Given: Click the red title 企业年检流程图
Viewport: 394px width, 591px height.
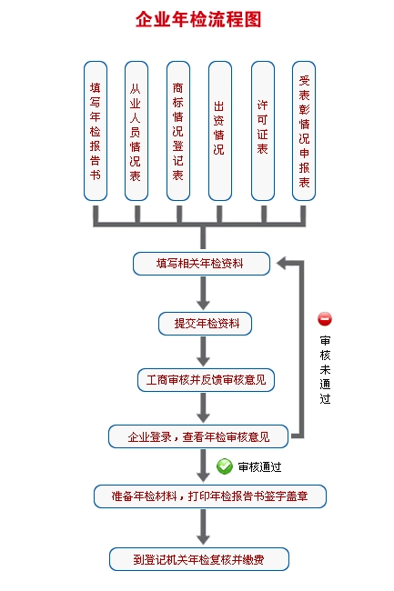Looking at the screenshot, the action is click(198, 19).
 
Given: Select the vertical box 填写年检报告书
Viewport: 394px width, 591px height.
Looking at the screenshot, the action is click(96, 131).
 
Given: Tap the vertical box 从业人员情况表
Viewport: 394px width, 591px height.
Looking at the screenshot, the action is click(136, 131).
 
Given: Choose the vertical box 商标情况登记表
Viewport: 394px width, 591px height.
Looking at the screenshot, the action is click(178, 131).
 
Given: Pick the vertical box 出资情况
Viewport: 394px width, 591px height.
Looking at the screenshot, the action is click(220, 131).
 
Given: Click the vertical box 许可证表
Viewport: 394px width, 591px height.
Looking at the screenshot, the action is click(263, 131).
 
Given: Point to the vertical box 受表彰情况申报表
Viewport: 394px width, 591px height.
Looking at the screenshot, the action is click(304, 131).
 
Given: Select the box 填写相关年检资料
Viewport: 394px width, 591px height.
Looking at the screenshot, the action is click(201, 264).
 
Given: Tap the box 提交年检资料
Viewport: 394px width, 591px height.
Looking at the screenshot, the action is click(205, 324).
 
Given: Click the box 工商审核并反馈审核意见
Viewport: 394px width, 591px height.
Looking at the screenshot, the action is click(206, 380).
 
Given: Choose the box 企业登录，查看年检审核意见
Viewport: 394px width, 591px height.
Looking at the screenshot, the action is click(198, 436).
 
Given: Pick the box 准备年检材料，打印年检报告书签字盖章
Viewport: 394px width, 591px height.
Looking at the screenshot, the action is click(210, 496).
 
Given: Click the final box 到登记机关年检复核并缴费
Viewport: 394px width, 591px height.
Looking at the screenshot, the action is click(199, 559).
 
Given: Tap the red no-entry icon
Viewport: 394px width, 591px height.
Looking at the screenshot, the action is click(325, 319).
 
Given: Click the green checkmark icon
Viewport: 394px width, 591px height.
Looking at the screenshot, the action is click(225, 466).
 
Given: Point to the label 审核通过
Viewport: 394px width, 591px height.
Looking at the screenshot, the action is click(259, 467).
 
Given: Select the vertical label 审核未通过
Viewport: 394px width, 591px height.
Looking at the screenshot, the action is click(325, 370).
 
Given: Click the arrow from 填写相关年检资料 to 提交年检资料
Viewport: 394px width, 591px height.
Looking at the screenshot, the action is click(203, 293).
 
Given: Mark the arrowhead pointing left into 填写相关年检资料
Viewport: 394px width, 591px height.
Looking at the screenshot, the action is click(283, 263).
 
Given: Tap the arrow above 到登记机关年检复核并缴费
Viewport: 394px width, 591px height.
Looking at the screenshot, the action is click(203, 526).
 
